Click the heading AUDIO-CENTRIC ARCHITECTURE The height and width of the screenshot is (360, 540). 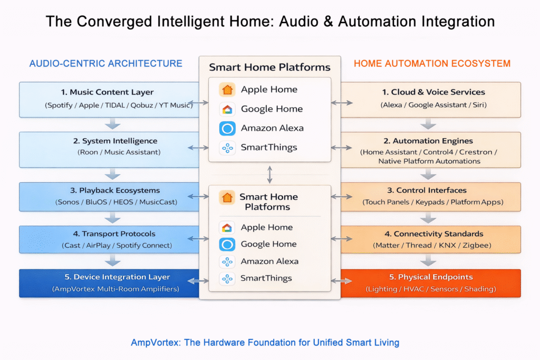(x=105, y=64)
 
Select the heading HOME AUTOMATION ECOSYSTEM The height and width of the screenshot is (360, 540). (x=432, y=64)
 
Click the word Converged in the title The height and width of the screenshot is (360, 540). (x=112, y=22)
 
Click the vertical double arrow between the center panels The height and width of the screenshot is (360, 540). (x=270, y=174)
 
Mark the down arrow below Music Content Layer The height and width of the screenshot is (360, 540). (x=112, y=124)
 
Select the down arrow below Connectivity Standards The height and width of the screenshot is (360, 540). (x=428, y=260)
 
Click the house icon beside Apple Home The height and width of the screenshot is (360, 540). (x=227, y=90)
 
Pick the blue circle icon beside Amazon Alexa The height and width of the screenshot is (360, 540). (x=227, y=128)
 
